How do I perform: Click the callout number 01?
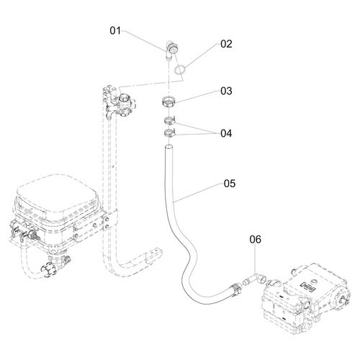115,31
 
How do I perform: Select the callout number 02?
226,44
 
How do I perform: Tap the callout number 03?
226,91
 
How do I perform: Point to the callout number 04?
226,133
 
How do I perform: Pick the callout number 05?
230,184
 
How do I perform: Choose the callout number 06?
255,239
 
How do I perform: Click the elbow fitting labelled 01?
171,49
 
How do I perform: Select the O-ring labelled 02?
180,69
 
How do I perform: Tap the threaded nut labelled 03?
168,102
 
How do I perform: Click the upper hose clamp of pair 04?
170,120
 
